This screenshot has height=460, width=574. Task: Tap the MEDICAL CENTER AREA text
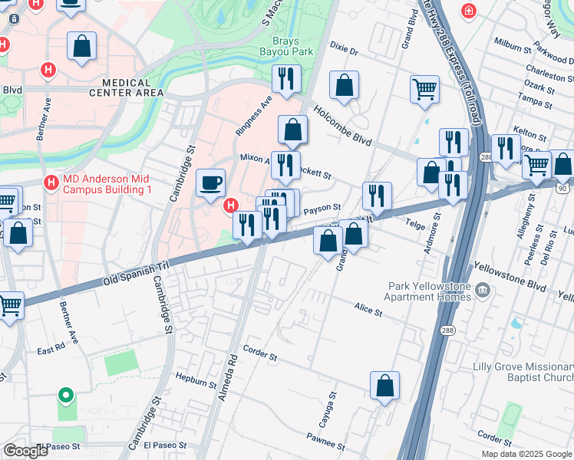[x=127, y=87]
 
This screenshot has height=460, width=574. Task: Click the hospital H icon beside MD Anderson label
[x=51, y=183]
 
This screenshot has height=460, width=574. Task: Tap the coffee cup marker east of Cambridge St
[x=210, y=184]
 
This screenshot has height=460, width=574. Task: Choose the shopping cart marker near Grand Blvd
[x=424, y=90]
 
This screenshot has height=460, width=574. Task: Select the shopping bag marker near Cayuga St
[x=384, y=387]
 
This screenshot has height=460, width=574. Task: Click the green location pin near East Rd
[x=66, y=396]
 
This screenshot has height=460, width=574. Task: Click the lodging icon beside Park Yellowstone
[x=482, y=289]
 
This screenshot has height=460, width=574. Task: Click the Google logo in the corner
[x=26, y=451]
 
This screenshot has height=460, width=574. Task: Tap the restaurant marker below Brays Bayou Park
[x=286, y=80]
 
